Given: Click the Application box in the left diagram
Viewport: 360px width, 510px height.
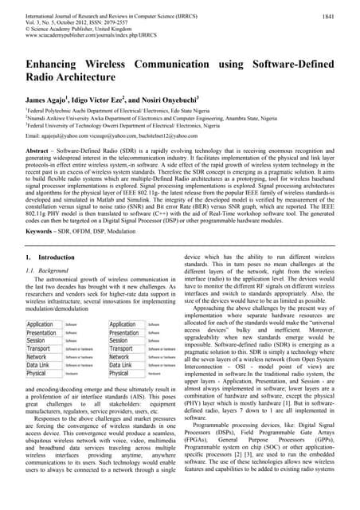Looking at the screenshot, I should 41,325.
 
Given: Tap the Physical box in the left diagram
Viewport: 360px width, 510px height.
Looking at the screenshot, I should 37,373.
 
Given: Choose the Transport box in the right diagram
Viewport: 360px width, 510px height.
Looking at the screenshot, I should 123,349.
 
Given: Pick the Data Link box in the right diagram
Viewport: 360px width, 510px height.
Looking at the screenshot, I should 122,365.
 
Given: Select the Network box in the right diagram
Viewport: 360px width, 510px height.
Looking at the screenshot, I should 121,357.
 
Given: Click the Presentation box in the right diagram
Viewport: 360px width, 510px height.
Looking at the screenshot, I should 127,333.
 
